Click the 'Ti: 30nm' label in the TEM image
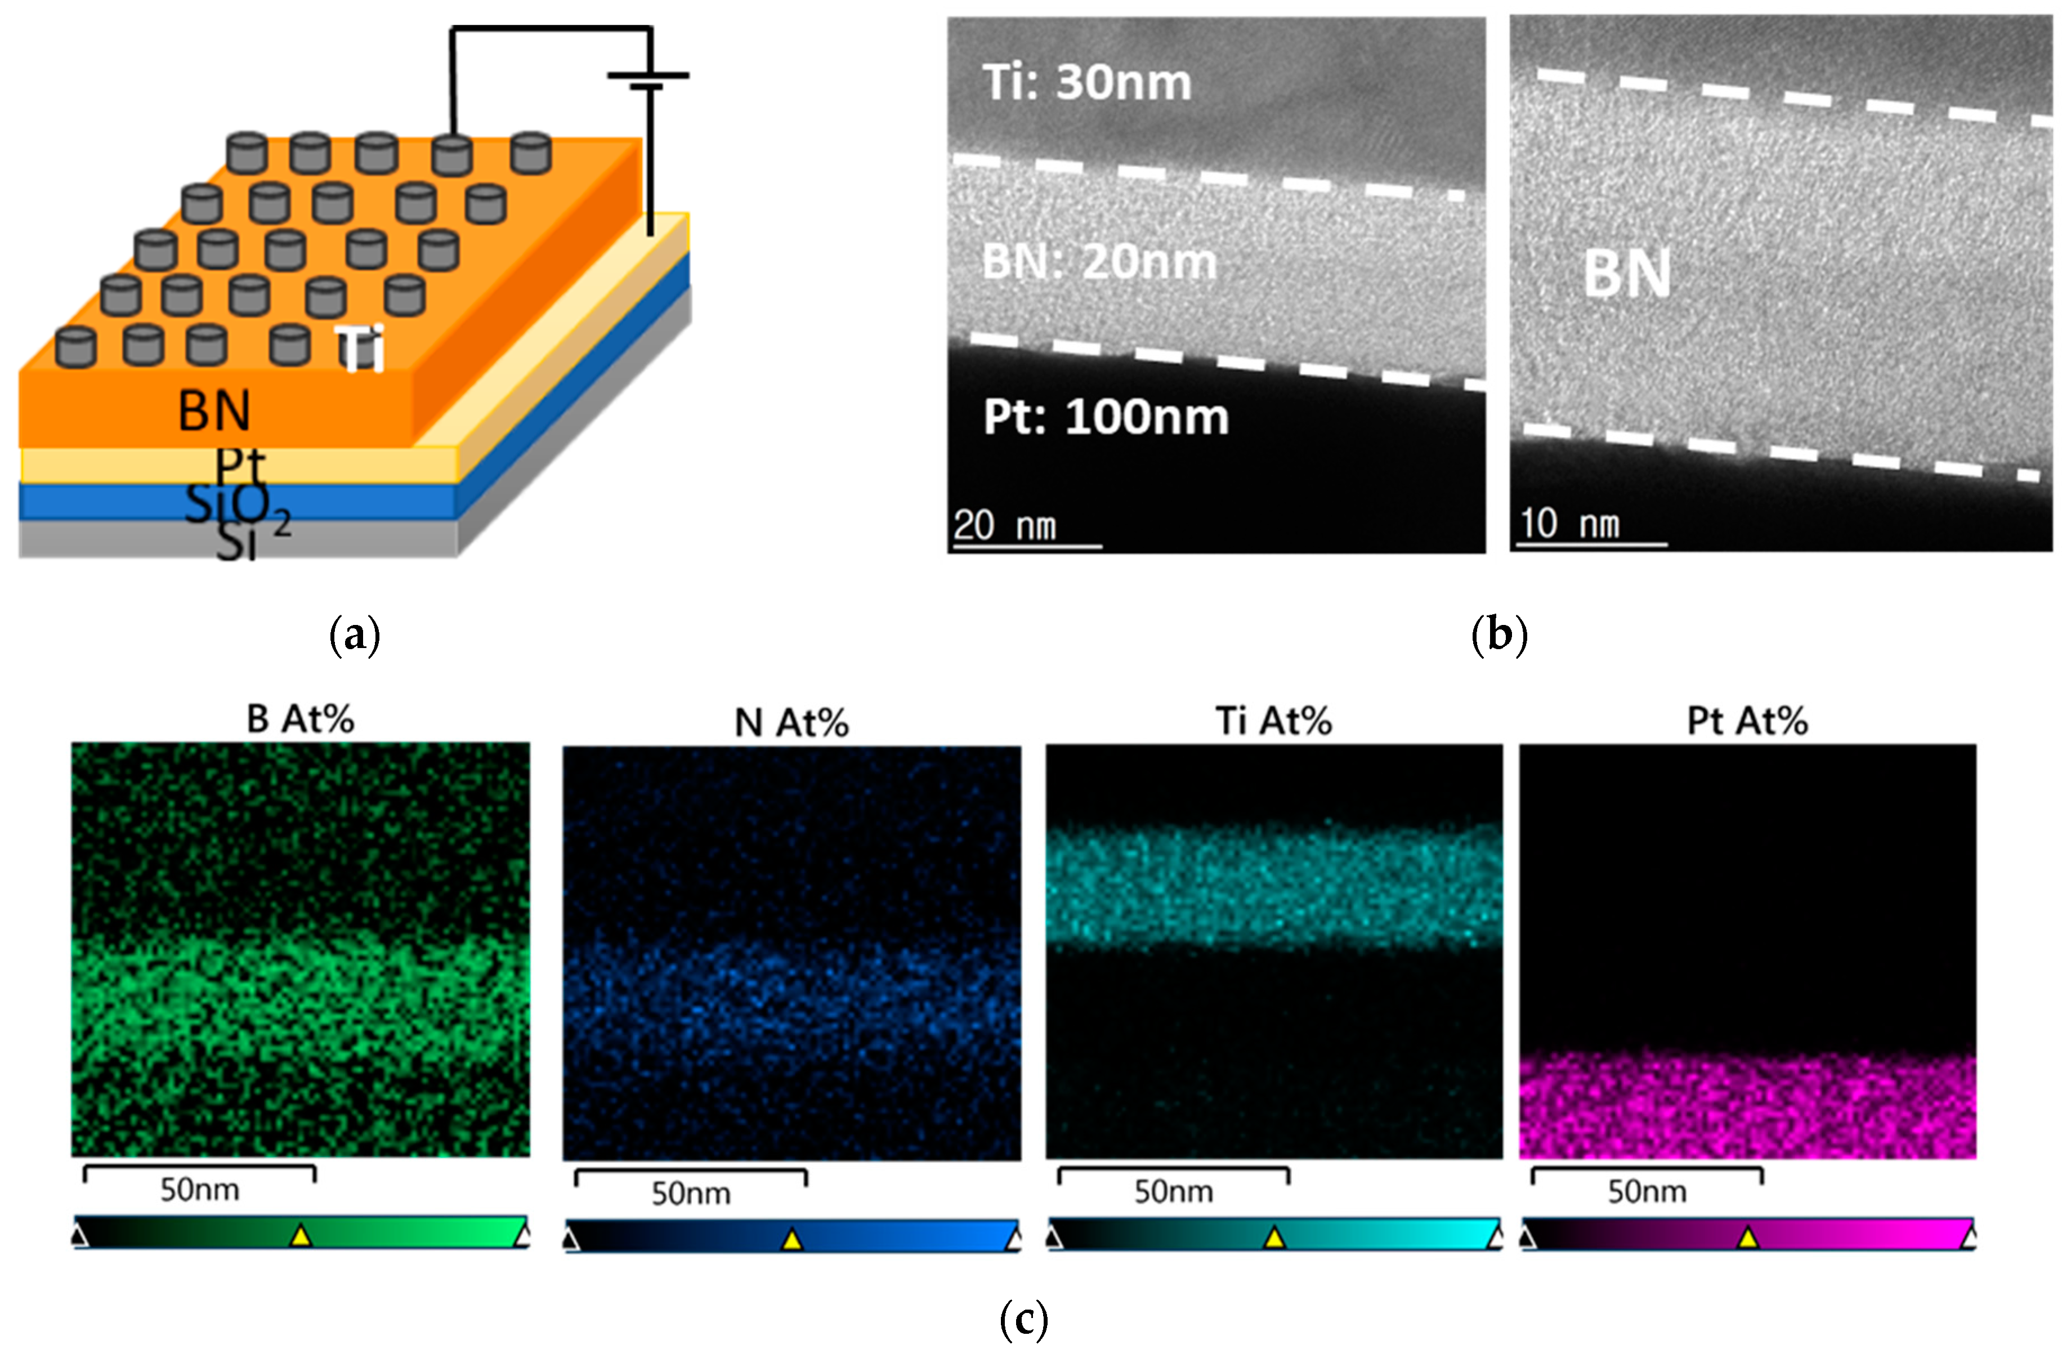[x=1087, y=83]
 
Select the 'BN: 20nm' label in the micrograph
[x=1099, y=262]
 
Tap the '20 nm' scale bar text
[x=1004, y=526]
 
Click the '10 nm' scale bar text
[x=1569, y=524]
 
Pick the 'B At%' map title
[x=300, y=720]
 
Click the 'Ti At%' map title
[x=1273, y=721]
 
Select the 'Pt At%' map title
[x=1747, y=721]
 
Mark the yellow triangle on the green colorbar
[x=300, y=1235]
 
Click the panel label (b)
[x=1499, y=635]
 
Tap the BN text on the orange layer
[x=214, y=411]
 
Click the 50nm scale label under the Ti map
[x=1173, y=1191]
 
